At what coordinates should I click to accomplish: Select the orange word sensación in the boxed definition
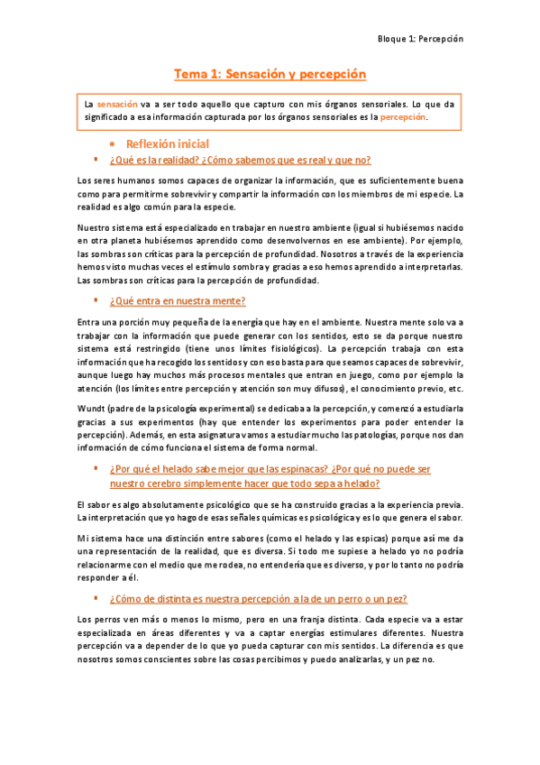pyautogui.click(x=117, y=104)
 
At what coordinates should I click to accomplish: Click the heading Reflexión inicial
pyautogui.click(x=168, y=144)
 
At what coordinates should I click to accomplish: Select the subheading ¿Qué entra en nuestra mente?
pyautogui.click(x=178, y=300)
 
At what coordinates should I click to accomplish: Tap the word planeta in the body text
pyautogui.click(x=126, y=242)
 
